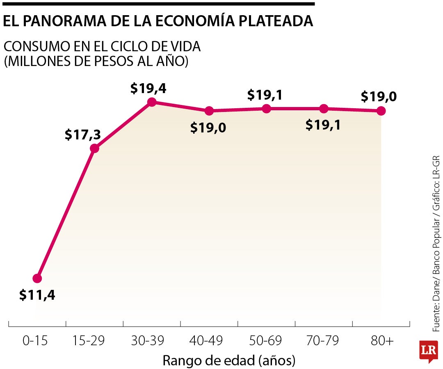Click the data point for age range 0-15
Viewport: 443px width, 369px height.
click(x=37, y=278)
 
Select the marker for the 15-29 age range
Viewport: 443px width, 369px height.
click(x=94, y=148)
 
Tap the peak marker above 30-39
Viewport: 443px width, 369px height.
click(x=152, y=102)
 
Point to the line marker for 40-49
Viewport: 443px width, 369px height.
click(x=209, y=111)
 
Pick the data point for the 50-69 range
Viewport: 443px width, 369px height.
click(x=266, y=109)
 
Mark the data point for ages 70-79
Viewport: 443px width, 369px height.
click(x=324, y=109)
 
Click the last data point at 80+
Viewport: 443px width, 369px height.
click(x=381, y=111)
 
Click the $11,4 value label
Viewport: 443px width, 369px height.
click(x=37, y=295)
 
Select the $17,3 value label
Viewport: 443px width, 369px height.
click(x=83, y=135)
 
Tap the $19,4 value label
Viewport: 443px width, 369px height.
click(x=148, y=88)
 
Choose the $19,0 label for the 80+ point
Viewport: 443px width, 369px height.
click(x=379, y=97)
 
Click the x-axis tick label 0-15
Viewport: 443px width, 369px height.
click(x=35, y=341)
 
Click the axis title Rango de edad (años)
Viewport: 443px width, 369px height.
click(x=229, y=361)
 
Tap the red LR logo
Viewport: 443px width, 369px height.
click(x=428, y=351)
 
